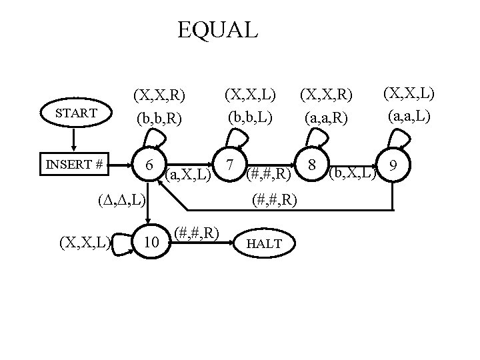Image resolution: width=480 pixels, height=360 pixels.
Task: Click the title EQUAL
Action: [x=217, y=30]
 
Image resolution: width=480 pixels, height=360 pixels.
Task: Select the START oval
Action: [x=76, y=113]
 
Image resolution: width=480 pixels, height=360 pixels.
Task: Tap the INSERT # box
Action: [x=75, y=164]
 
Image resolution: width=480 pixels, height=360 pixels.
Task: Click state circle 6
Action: [x=151, y=164]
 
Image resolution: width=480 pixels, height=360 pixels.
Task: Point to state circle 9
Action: [x=394, y=164]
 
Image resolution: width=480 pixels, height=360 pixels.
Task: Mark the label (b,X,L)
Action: [x=353, y=175]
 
